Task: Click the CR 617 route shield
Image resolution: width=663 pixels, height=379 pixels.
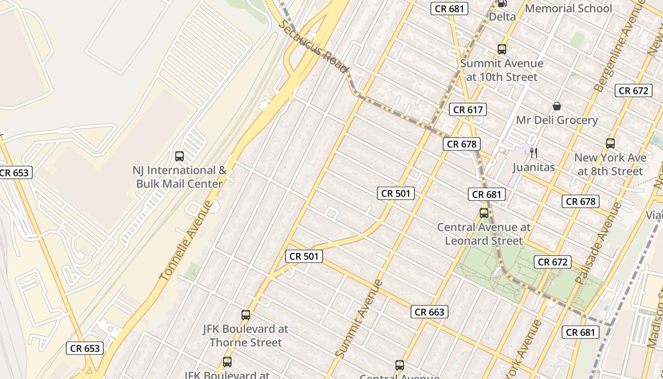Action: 467,110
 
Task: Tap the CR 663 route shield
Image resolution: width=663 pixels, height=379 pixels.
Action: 430,312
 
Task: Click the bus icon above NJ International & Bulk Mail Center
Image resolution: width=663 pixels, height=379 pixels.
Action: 179,156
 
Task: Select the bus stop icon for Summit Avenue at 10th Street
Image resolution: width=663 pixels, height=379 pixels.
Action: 502,49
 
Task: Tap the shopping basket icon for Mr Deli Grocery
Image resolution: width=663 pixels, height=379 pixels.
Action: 557,106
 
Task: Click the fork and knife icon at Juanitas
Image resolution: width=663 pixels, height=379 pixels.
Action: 534,153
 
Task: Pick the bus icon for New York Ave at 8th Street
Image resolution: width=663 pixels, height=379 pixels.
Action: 610,143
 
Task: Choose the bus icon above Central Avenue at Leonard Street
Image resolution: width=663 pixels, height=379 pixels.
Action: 484,213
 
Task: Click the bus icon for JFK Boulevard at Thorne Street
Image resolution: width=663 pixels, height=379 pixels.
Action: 245,315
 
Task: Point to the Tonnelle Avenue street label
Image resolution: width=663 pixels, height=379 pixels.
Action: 187,240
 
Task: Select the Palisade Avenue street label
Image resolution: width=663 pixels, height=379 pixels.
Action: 598,243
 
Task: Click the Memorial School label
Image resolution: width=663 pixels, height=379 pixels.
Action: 568,9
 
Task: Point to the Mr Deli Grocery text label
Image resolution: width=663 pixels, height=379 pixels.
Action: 556,120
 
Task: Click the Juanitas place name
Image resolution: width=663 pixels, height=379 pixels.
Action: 534,167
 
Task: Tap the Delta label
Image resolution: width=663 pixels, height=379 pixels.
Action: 502,17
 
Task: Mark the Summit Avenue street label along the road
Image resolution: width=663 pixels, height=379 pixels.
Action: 358,318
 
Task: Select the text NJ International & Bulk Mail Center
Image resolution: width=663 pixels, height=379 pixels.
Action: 179,177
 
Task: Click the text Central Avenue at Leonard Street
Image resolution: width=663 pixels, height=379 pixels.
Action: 484,234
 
